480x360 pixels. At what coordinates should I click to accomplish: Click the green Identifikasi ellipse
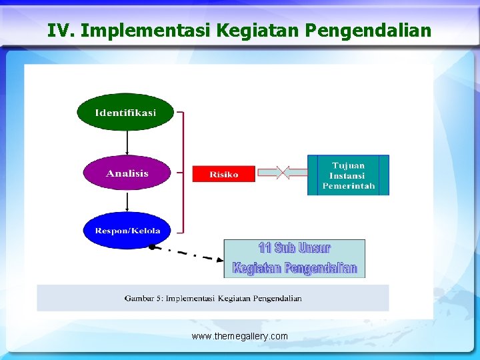point(125,112)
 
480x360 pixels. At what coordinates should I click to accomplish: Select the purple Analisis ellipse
point(127,173)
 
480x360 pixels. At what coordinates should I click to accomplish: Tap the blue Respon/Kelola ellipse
point(127,231)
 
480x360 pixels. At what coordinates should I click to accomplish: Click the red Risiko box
point(224,174)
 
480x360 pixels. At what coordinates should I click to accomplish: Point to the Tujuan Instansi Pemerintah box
point(348,175)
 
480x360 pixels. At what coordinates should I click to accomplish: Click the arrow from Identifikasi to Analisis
point(127,142)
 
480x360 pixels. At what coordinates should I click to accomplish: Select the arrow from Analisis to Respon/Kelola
point(127,201)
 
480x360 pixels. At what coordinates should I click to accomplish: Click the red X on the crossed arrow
point(283,173)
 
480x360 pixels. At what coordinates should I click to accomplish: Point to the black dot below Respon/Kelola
point(152,247)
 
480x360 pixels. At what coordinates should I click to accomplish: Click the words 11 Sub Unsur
point(294,249)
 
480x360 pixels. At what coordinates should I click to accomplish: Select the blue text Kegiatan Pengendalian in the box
point(295,268)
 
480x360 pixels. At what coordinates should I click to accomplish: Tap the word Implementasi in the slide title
point(145,31)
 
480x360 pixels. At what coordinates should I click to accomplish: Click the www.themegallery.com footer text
point(240,336)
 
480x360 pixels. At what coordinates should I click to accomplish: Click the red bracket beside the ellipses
point(181,173)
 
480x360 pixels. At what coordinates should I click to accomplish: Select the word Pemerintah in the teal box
point(348,186)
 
